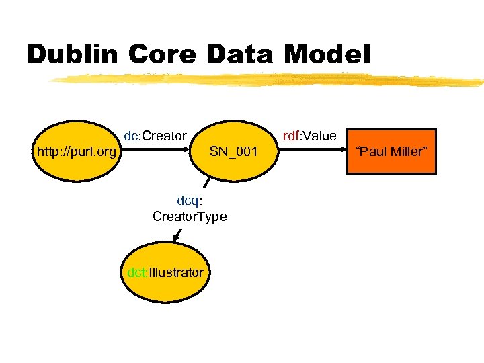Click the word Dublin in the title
[x=71, y=54]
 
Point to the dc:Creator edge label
[x=155, y=136]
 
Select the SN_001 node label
[x=233, y=152]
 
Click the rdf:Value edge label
[x=309, y=136]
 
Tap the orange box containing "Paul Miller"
[x=391, y=152]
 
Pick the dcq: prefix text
[x=190, y=200]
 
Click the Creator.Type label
[x=190, y=216]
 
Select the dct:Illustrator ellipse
[x=165, y=273]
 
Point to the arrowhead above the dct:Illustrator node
[x=176, y=237]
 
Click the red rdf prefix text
[x=290, y=136]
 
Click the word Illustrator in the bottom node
[x=175, y=273]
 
